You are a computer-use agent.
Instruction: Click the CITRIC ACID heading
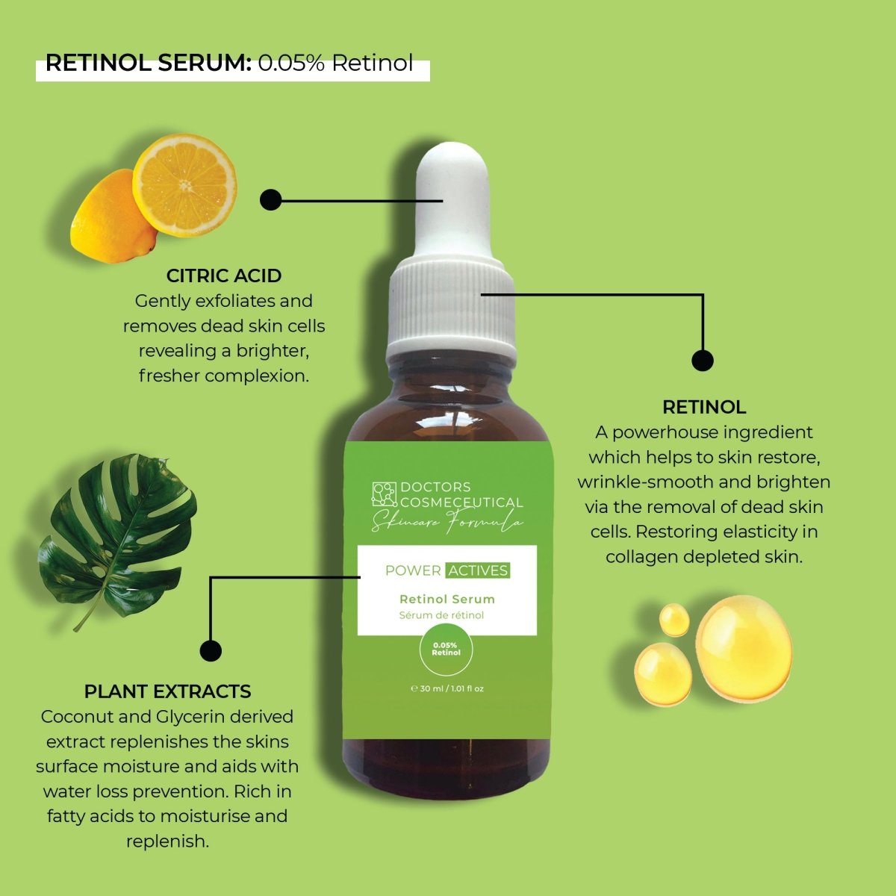[x=223, y=276]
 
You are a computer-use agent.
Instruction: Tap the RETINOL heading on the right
[x=703, y=407]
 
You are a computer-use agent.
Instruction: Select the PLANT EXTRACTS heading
[x=167, y=691]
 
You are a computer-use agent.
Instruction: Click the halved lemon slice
[x=185, y=184]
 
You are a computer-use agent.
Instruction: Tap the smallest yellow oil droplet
[x=674, y=619]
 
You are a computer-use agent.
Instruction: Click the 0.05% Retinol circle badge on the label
[x=446, y=649]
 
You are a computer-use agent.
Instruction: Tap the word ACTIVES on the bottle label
[x=478, y=570]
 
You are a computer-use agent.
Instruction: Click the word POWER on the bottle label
[x=412, y=570]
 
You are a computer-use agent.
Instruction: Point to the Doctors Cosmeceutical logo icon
[x=385, y=495]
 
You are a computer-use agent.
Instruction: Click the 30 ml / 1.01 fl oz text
[x=448, y=688]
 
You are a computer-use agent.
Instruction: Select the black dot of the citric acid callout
[x=270, y=199]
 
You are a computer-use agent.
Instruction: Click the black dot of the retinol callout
[x=702, y=361]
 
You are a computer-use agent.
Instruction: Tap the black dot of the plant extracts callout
[x=211, y=650]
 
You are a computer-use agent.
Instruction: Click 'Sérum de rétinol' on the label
[x=441, y=615]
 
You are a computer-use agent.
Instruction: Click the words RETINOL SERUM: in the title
[x=148, y=63]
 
